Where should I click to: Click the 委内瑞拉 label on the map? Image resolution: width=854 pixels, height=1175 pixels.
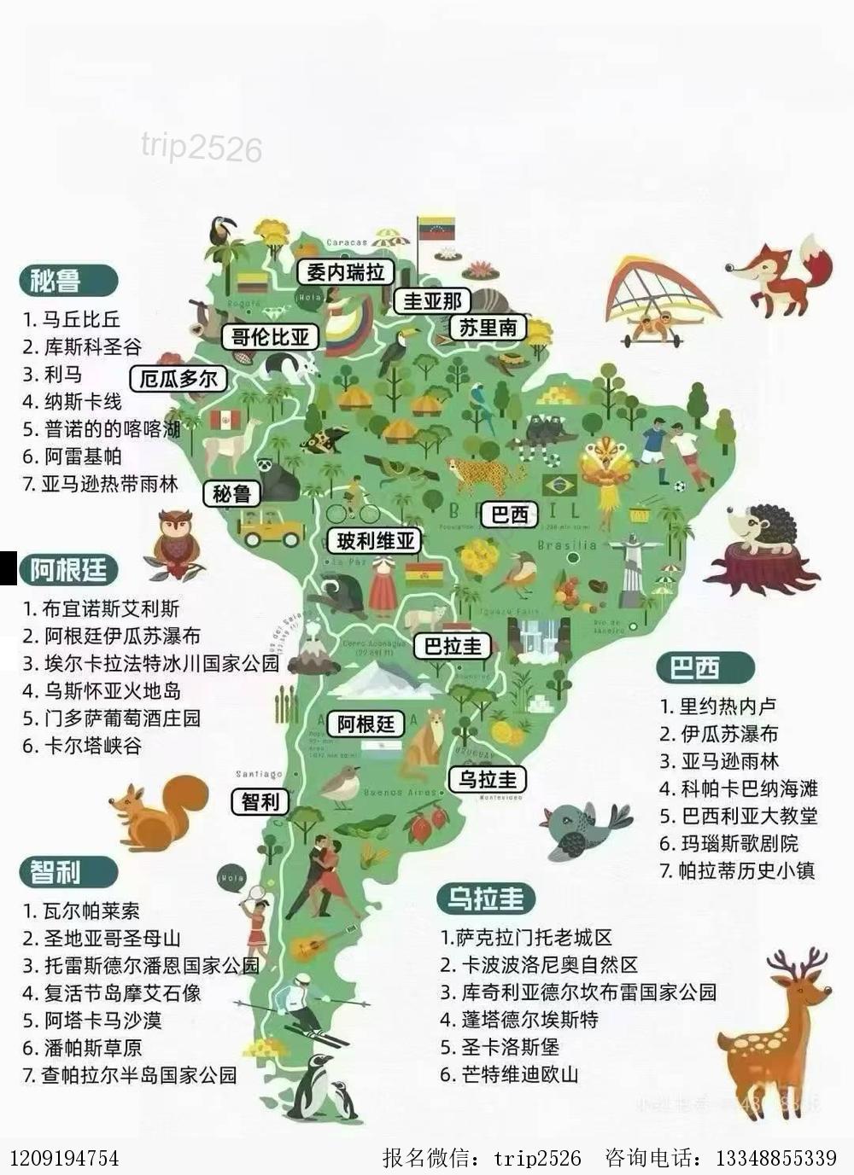[x=345, y=272]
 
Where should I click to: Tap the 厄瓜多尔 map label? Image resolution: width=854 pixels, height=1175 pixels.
[x=178, y=378]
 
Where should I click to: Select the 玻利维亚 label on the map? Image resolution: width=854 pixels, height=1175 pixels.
[x=375, y=540]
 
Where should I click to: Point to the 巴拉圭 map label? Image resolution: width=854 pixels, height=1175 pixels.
[x=453, y=646]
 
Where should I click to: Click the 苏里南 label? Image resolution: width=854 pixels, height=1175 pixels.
[x=488, y=327]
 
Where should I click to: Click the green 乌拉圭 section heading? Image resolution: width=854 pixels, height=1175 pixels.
[x=486, y=899]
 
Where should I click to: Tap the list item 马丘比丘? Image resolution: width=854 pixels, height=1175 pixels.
[x=81, y=320]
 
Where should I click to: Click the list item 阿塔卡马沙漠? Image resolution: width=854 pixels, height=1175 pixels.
[x=102, y=1020]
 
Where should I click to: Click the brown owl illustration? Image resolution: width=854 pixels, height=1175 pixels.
[x=175, y=543]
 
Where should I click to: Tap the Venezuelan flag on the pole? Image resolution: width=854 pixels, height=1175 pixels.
[x=436, y=229]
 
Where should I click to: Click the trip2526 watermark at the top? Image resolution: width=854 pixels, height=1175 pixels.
[x=202, y=148]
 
